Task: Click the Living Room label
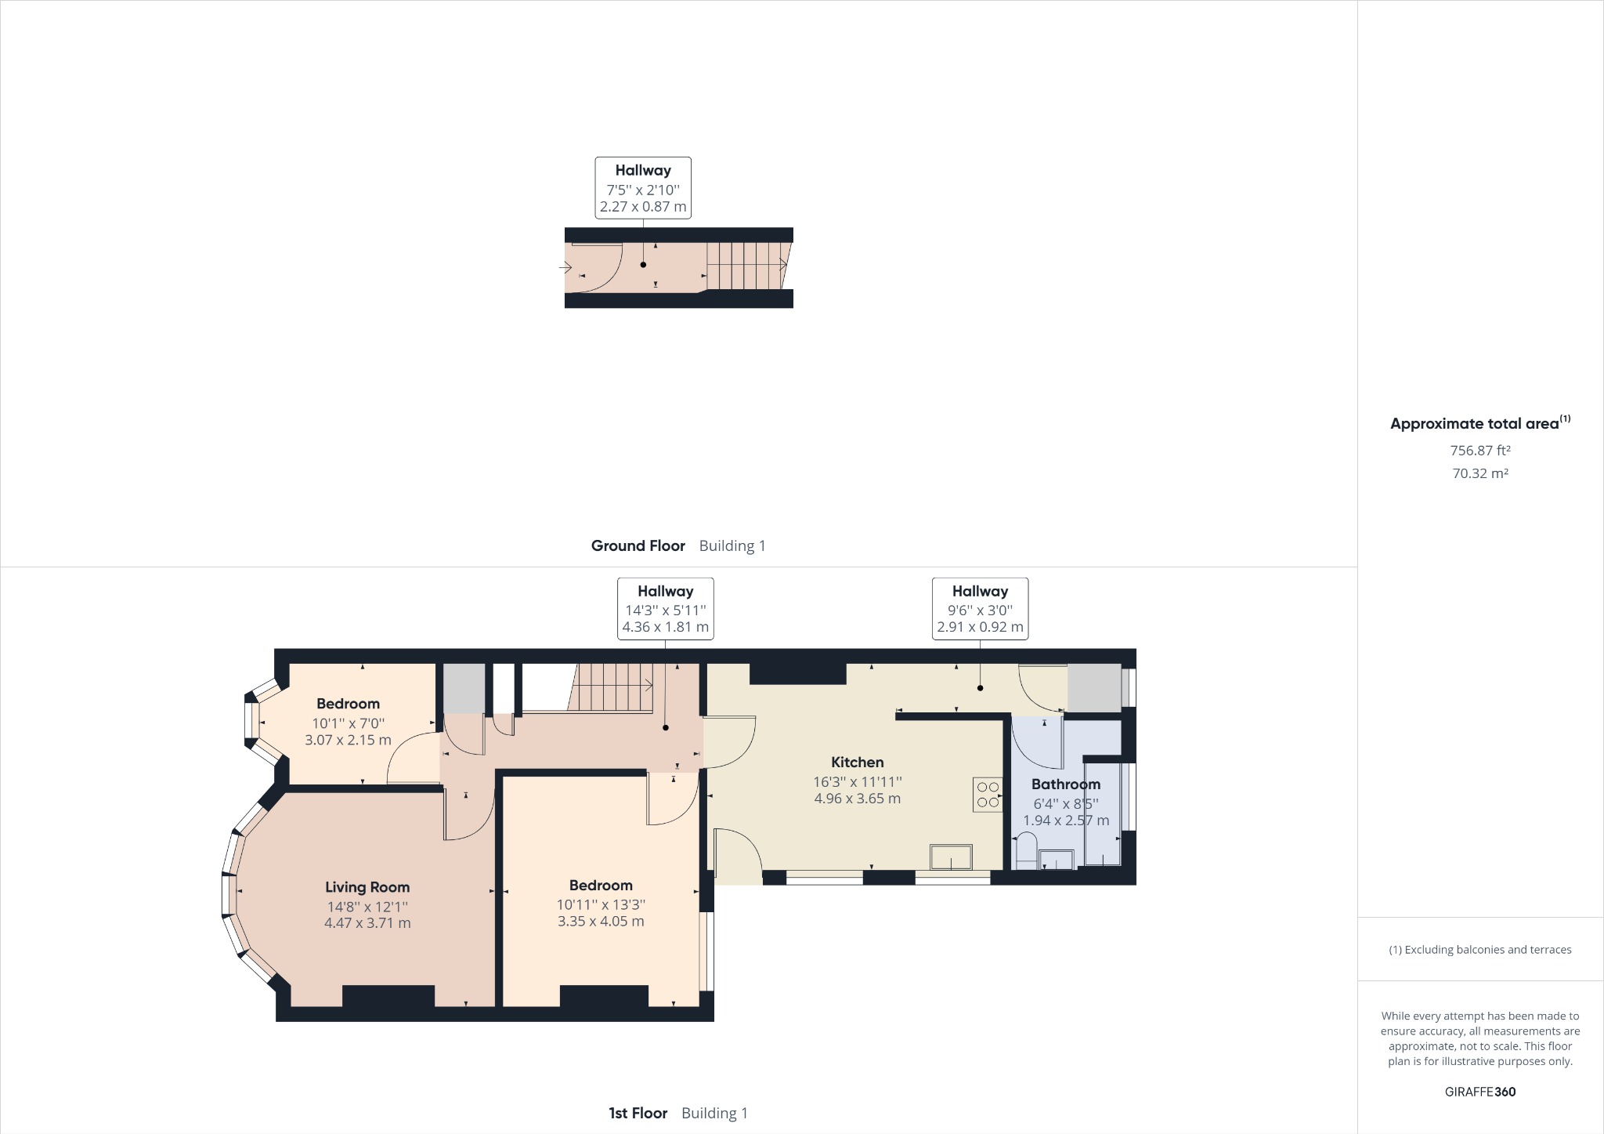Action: (367, 887)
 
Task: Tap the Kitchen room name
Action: (857, 762)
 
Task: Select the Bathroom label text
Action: (1065, 784)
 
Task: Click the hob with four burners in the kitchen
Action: (988, 795)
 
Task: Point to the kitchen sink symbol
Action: (951, 857)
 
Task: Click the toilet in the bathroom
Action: (1025, 851)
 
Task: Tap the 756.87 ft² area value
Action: (1479, 451)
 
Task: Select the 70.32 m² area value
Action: (1479, 473)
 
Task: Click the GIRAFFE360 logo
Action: (1479, 1092)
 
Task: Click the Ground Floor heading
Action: (638, 545)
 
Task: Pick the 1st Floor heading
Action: (638, 1113)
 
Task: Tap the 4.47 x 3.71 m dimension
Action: (367, 923)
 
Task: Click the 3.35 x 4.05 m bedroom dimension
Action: (601, 922)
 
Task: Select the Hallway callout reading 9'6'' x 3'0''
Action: (980, 609)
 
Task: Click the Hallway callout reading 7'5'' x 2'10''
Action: (643, 188)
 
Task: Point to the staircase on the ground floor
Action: (746, 266)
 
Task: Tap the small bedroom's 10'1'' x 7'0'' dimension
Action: (348, 723)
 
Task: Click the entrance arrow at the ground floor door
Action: (565, 267)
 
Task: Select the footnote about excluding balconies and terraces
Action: (1479, 950)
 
